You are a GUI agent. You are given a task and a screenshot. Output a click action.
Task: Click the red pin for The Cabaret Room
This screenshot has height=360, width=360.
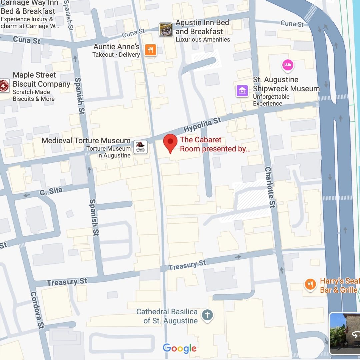tap(170, 143)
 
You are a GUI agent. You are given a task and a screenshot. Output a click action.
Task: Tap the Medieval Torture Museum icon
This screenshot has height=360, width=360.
tap(140, 147)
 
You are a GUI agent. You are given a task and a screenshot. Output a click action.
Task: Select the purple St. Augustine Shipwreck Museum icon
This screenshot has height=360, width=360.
tap(242, 90)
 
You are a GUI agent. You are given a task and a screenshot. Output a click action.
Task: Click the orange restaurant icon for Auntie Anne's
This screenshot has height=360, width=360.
tap(151, 50)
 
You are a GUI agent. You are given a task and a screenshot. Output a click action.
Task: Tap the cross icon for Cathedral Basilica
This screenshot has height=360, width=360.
tap(207, 315)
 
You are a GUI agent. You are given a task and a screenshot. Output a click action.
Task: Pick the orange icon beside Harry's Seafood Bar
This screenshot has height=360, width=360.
tap(310, 284)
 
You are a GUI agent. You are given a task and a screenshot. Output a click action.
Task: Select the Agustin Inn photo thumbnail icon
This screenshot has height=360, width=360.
tap(166, 29)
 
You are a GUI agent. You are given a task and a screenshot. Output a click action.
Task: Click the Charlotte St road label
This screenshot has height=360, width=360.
tap(270, 187)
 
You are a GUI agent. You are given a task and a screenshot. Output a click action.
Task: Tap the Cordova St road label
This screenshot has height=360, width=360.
tap(37, 310)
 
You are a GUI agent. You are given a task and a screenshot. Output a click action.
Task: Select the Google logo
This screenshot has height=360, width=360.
tap(180, 348)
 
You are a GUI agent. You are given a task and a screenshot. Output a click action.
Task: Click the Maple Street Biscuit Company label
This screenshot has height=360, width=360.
tap(41, 79)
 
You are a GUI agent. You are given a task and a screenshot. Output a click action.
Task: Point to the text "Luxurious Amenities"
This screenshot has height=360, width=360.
tap(203, 40)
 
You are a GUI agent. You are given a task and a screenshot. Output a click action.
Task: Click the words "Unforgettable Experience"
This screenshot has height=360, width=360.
tap(271, 100)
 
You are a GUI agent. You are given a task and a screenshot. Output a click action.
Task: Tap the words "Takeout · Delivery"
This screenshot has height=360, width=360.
tap(116, 55)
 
